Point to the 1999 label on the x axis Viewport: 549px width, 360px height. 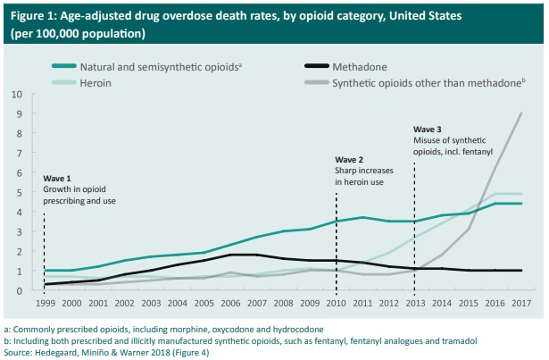click(44, 305)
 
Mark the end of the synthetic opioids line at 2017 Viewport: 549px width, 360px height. click(520, 113)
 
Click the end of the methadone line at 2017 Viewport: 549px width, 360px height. click(520, 271)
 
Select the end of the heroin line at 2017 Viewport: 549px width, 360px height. click(520, 194)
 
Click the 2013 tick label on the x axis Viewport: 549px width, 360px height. click(414, 305)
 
